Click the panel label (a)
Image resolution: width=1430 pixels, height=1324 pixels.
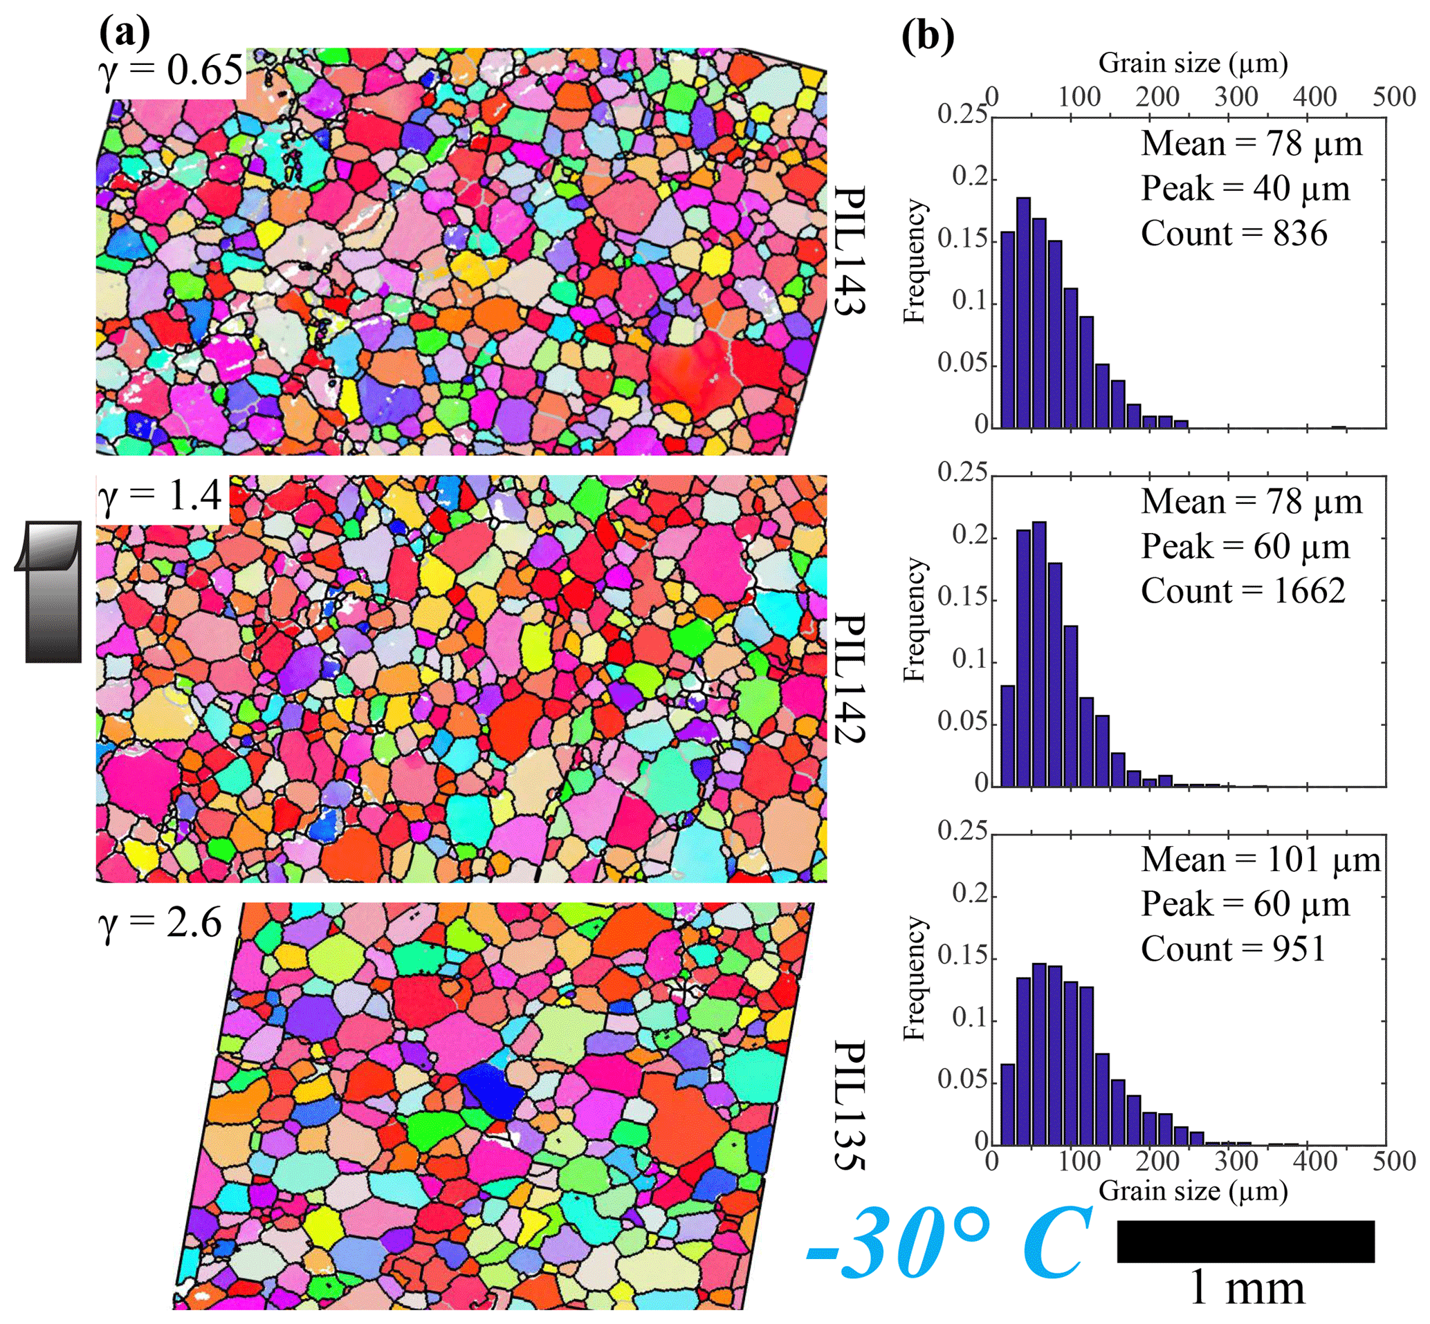125,32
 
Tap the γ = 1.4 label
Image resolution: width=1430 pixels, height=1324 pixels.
162,496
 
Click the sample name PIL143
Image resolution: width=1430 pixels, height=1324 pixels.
851,250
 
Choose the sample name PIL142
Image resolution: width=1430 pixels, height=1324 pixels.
851,677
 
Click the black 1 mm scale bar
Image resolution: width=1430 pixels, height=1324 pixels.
1246,1241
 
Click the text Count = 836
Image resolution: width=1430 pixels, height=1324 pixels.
1234,234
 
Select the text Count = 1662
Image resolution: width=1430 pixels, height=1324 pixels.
1243,591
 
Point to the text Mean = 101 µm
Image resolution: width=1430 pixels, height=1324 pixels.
1260,860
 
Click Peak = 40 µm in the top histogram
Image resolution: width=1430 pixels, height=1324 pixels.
1245,189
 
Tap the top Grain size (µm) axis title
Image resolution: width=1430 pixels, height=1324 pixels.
1193,63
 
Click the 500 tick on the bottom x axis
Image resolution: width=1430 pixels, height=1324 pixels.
1394,1162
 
